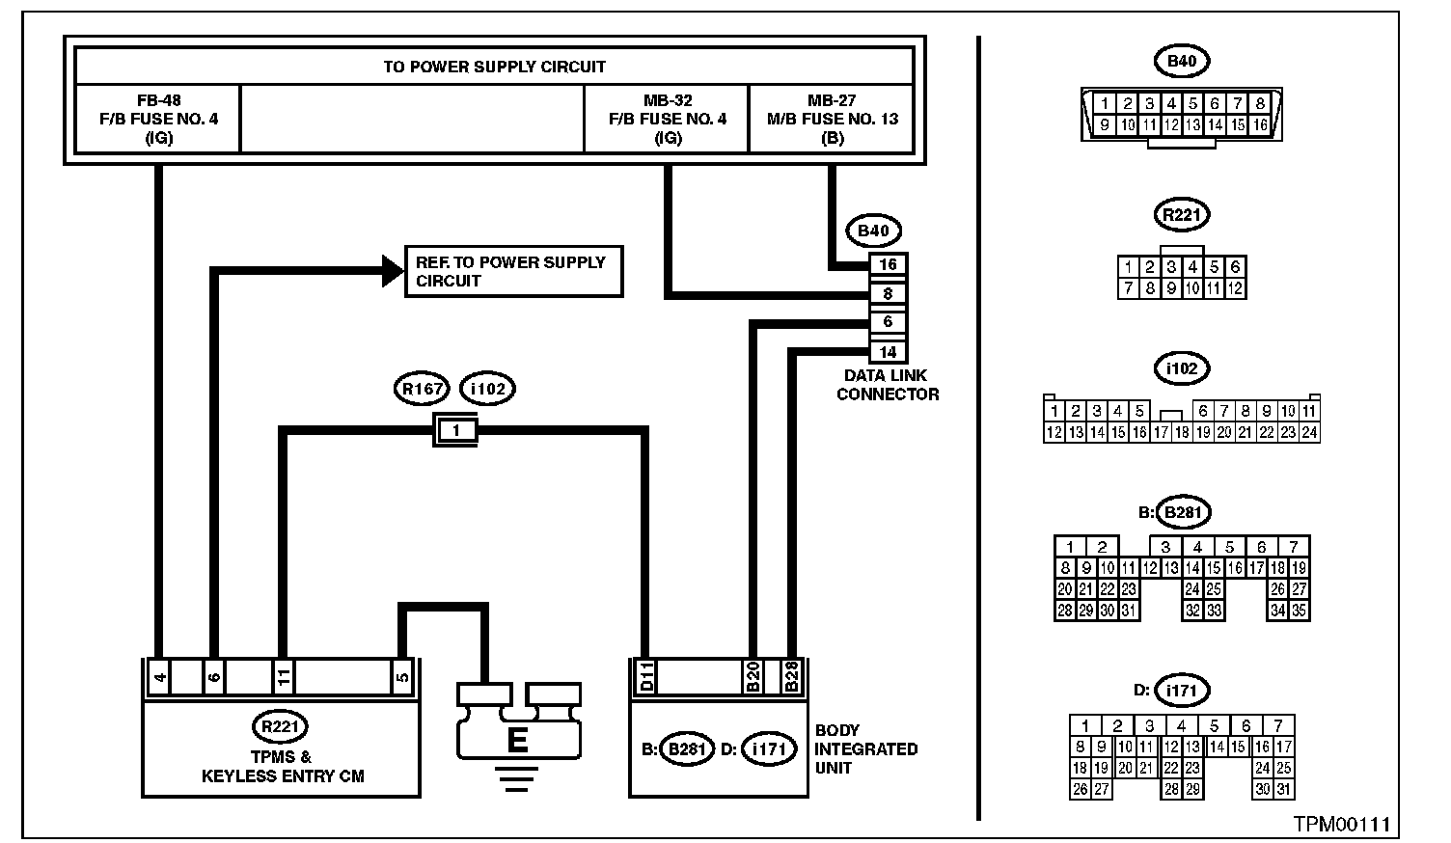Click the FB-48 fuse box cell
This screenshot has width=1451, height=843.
coord(158,119)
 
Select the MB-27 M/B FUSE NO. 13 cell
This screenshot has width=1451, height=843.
coord(832,119)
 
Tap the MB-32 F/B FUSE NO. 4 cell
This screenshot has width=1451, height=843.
coord(667,119)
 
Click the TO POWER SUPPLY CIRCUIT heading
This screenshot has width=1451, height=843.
coord(494,67)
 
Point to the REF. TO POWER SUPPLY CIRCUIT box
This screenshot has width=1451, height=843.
coord(513,271)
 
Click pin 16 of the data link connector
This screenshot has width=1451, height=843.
coord(888,264)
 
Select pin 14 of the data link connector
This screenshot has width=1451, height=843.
coord(888,352)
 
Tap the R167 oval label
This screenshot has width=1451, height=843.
coord(423,389)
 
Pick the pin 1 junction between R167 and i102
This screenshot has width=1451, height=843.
coord(457,430)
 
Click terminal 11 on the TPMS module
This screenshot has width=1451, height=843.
coord(283,677)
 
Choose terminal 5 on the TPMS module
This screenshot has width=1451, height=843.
coord(402,677)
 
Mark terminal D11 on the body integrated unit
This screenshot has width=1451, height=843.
coord(647,677)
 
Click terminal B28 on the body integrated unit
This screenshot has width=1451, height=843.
coord(792,677)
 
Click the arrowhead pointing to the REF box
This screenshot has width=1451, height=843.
coord(393,272)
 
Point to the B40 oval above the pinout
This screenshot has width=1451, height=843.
coord(1182,62)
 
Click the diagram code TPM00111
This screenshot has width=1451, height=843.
coord(1342,825)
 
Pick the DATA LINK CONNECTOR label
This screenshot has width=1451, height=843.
coord(888,385)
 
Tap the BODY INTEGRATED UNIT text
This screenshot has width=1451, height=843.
coord(866,748)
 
